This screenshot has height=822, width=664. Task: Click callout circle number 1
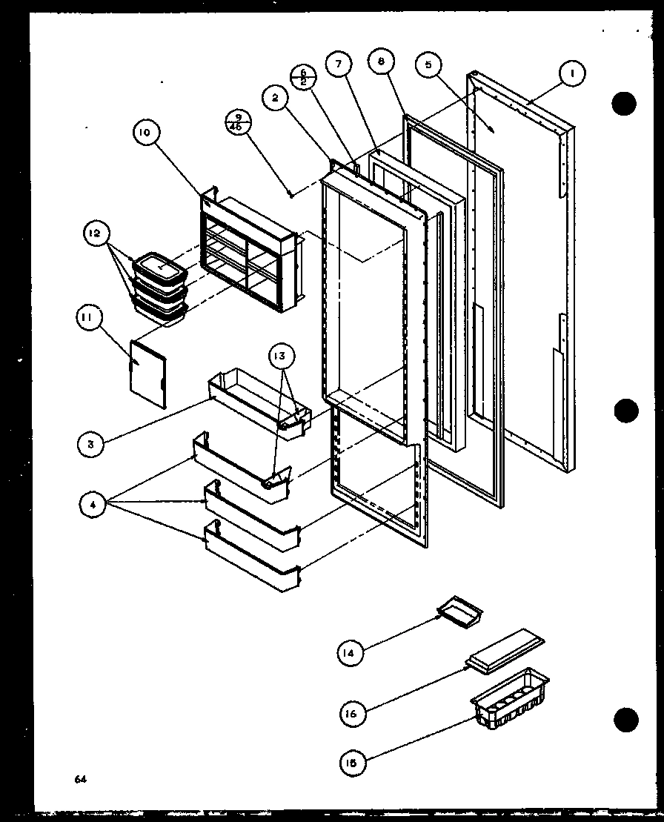point(572,73)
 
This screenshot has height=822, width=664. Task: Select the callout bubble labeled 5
point(428,65)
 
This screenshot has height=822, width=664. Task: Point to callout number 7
point(339,64)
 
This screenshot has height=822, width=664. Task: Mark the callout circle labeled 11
point(87,319)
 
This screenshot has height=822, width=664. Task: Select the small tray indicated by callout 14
point(459,610)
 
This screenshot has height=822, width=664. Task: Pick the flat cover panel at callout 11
point(148,374)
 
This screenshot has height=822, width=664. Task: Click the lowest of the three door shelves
point(252,563)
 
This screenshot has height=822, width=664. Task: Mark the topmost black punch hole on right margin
point(625,103)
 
